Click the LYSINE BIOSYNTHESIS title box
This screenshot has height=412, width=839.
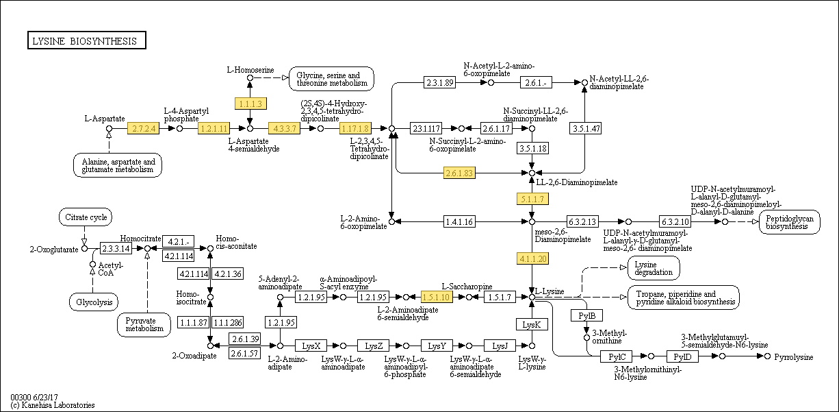click(86, 41)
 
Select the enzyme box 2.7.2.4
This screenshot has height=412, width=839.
click(143, 128)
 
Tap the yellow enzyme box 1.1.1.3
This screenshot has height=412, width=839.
click(250, 104)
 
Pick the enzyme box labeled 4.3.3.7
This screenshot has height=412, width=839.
click(284, 128)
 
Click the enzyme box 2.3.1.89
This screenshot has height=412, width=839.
click(439, 83)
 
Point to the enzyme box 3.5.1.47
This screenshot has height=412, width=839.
click(585, 128)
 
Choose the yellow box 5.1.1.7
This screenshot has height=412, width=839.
click(532, 199)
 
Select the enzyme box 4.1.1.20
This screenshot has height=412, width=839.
click(532, 258)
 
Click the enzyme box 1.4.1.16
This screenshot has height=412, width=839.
click(459, 221)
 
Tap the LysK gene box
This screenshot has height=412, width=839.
click(532, 324)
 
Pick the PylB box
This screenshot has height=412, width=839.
click(586, 315)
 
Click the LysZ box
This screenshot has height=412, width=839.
click(374, 346)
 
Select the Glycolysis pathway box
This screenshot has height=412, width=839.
click(93, 302)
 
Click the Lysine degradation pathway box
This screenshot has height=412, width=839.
click(654, 268)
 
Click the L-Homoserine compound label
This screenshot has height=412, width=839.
click(250, 70)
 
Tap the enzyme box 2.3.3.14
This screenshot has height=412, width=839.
click(116, 248)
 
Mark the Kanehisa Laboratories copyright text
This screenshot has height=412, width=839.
click(53, 405)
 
